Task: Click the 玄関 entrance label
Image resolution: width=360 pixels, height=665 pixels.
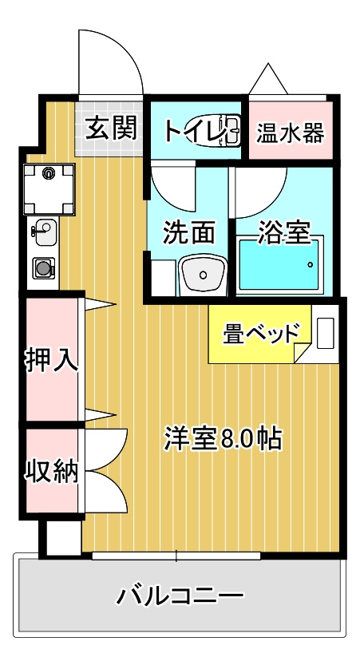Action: (111, 128)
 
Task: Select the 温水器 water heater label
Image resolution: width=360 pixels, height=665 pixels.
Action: (290, 132)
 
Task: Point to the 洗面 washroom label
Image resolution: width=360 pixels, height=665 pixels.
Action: (188, 232)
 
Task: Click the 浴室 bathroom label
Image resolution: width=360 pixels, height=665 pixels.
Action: (283, 232)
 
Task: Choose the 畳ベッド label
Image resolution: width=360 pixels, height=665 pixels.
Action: (261, 332)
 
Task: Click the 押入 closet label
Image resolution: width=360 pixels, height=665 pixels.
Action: (52, 360)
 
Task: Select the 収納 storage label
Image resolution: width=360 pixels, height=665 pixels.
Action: (52, 472)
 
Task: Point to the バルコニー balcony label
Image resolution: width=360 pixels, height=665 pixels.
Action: (180, 596)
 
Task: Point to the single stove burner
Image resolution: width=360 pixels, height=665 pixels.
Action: (42, 267)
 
